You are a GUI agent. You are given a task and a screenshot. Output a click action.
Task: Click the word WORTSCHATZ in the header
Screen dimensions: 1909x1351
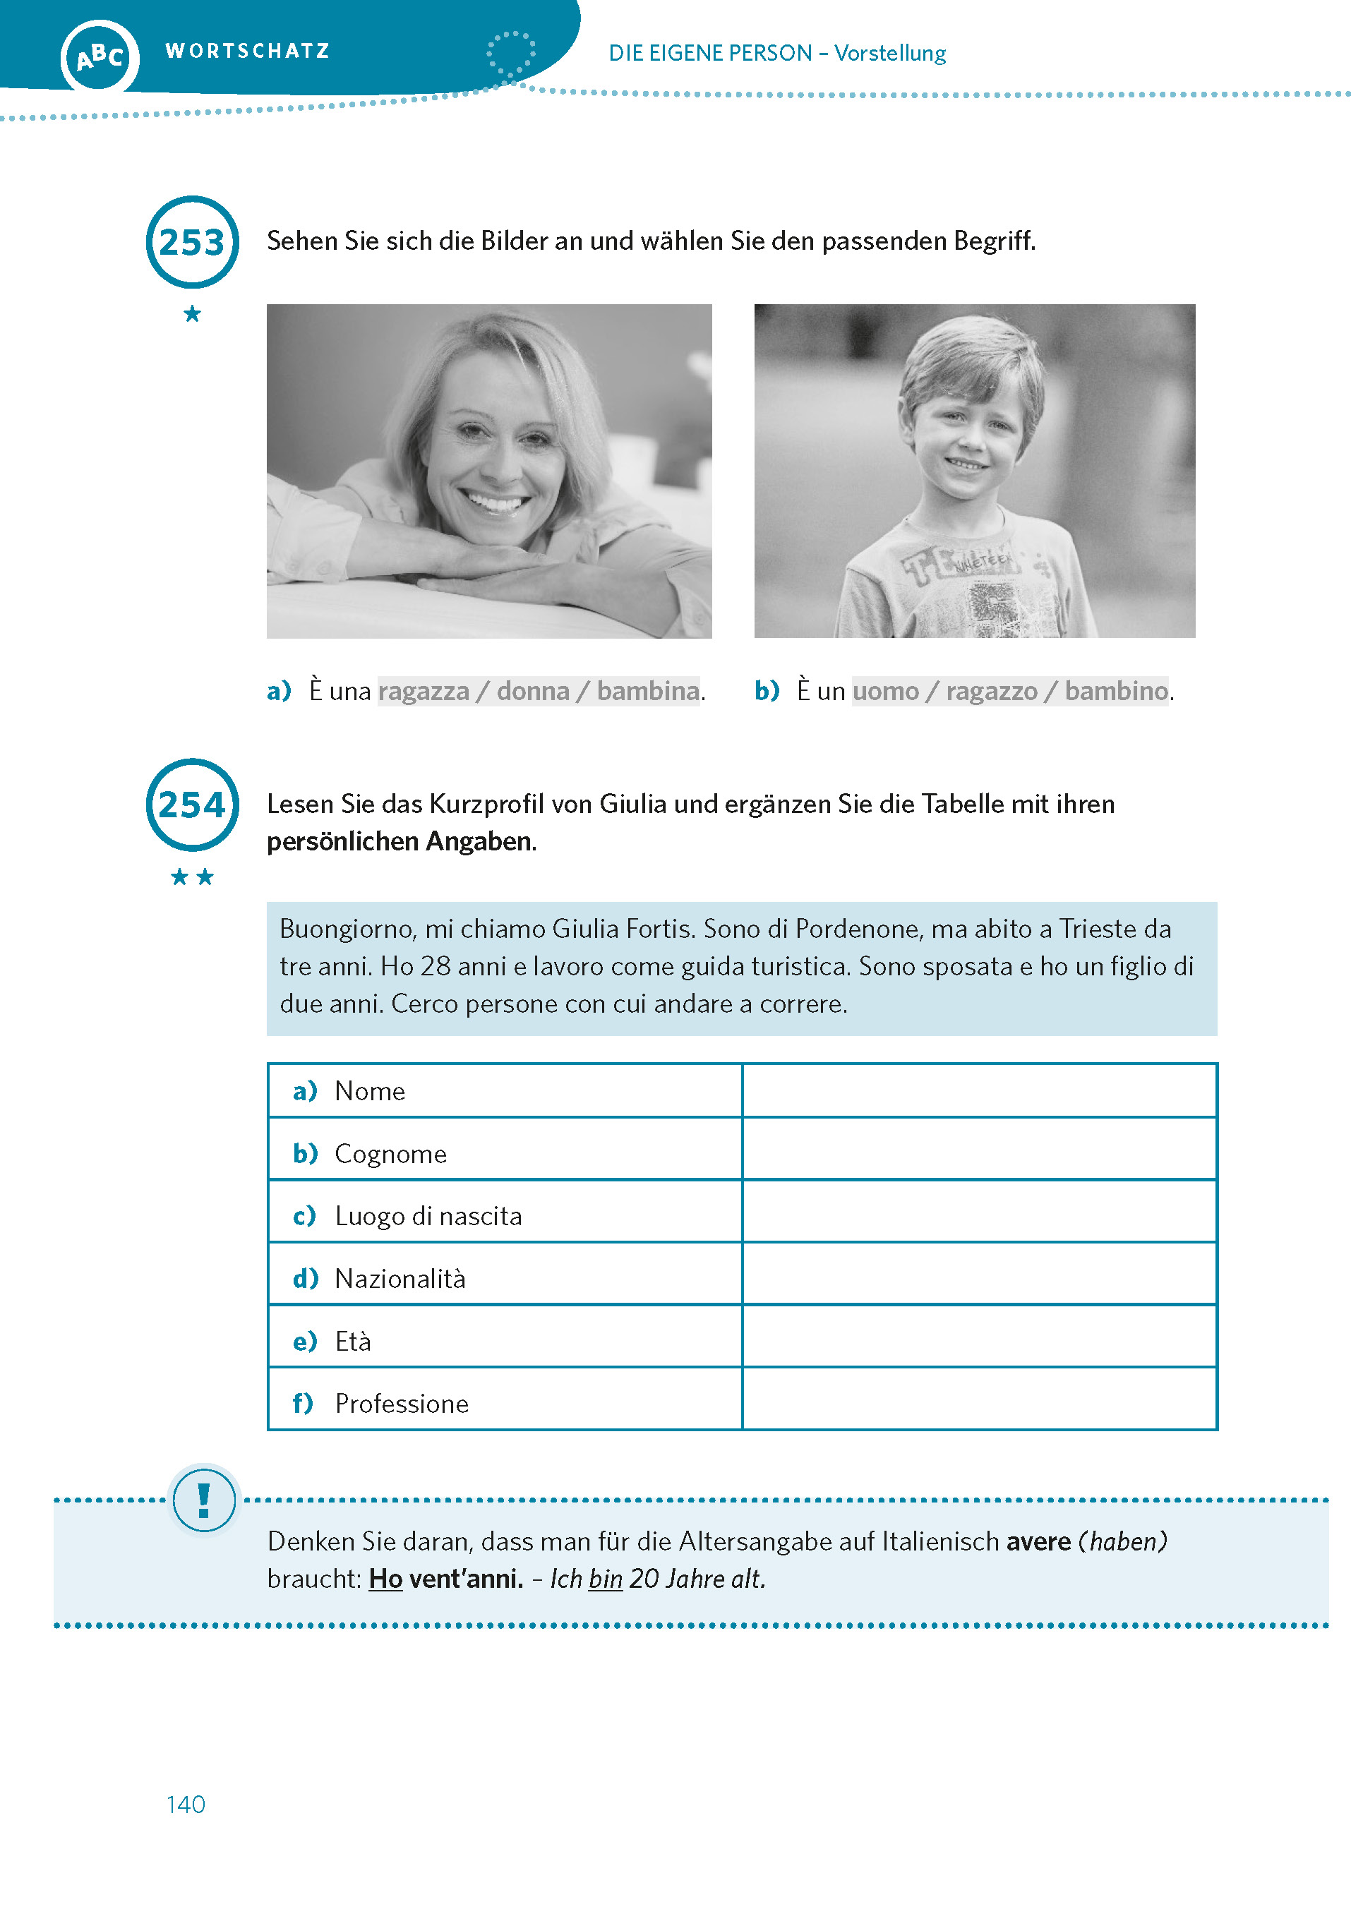click(x=248, y=51)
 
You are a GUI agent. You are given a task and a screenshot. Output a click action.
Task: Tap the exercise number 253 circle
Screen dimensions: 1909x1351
click(x=192, y=242)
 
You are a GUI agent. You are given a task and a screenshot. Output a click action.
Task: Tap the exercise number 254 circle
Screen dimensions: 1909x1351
click(x=192, y=805)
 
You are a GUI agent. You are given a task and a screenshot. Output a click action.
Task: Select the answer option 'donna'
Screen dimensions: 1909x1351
click(x=533, y=691)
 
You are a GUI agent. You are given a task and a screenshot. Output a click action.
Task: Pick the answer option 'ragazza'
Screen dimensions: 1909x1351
click(x=424, y=691)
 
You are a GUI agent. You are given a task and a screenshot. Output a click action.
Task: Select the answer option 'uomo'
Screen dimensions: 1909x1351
click(x=886, y=691)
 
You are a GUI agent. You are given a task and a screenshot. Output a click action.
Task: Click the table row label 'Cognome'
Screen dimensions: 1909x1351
click(x=390, y=1154)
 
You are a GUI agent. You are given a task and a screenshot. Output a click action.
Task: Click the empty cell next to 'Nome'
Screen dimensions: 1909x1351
click(x=979, y=1090)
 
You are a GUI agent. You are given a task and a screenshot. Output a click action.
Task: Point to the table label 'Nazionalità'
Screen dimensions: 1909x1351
click(x=400, y=1279)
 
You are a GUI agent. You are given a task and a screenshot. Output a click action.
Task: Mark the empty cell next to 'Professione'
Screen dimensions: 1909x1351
click(x=979, y=1402)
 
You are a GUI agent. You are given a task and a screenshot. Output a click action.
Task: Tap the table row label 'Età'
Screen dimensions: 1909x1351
click(x=353, y=1341)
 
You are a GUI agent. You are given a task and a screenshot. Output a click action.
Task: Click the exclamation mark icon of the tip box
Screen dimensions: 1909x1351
click(x=204, y=1500)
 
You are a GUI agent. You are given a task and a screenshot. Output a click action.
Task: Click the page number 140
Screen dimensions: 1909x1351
click(x=186, y=1804)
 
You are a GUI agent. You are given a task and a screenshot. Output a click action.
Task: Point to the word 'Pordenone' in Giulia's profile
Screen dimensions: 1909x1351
click(x=858, y=928)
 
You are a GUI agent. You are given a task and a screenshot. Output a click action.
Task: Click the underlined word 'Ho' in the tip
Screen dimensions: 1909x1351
click(x=385, y=1579)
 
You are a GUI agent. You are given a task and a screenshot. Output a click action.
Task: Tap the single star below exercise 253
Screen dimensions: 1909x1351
click(x=192, y=313)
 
